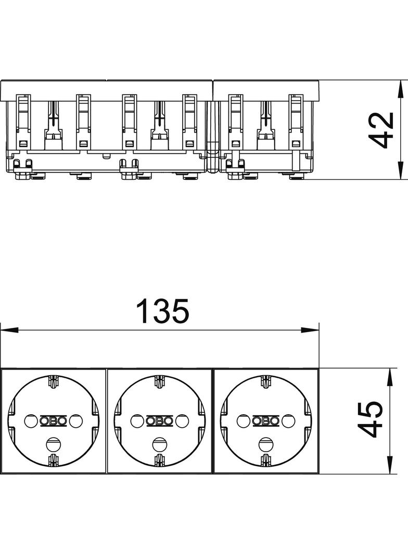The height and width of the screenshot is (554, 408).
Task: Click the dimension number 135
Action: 163,311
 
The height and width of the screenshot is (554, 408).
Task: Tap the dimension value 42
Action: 384,130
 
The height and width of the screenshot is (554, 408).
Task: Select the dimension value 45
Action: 371,419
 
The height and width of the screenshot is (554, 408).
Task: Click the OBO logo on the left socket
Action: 53,421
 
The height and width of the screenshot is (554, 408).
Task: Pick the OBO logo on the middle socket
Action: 160,421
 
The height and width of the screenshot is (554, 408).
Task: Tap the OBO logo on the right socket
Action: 266,421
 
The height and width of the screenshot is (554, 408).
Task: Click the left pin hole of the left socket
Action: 30,421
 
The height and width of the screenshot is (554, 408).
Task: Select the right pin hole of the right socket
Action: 288,421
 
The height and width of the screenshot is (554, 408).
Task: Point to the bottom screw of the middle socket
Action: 159,443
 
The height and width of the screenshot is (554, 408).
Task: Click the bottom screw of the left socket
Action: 53,443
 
